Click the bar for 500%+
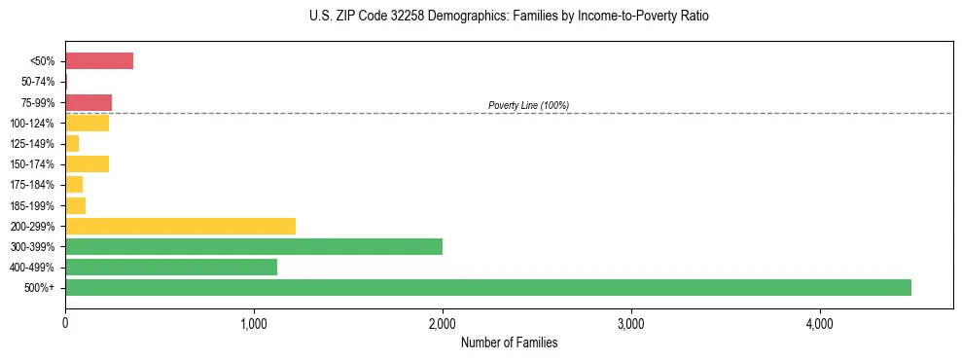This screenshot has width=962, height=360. tap(487, 287)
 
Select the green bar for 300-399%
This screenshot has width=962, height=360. tap(254, 246)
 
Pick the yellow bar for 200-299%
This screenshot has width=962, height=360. tap(180, 226)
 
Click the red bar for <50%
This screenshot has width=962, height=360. tap(99, 61)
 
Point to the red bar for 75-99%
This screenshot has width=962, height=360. tap(89, 102)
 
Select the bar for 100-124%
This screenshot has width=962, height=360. tap(87, 123)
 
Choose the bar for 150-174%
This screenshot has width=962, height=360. tap(87, 164)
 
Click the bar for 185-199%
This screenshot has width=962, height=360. tap(76, 205)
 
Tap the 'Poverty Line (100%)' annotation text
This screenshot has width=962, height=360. tap(528, 105)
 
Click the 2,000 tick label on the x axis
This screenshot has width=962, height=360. tap(443, 323)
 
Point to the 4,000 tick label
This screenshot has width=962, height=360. tap(820, 323)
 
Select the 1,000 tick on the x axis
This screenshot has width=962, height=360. tap(254, 323)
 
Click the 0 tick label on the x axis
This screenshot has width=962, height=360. tap(65, 323)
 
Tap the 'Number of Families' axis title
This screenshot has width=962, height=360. tap(509, 342)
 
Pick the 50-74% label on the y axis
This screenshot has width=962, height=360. tap(39, 82)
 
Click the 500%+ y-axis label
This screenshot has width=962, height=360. tap(42, 288)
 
